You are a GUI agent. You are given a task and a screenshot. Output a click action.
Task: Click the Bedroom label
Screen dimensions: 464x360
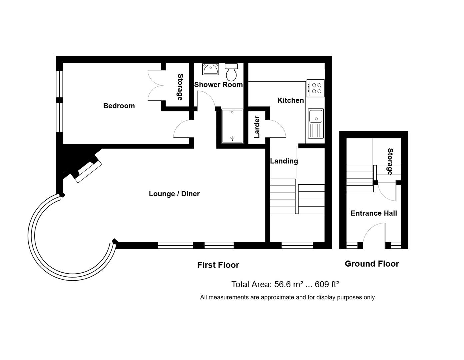pos(119,106)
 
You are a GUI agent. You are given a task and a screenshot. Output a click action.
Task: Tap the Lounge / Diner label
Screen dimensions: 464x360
pos(174,194)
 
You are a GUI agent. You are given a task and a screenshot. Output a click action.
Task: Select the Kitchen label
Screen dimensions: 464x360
pos(290,100)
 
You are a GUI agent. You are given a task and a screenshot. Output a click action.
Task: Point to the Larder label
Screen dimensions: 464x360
pos(257,127)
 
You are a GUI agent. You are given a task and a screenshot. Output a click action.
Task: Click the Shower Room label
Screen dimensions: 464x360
pos(218,85)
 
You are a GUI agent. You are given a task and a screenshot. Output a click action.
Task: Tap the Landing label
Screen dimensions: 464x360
pos(284,161)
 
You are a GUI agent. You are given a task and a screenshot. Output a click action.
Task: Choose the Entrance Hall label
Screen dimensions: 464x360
pos(374,213)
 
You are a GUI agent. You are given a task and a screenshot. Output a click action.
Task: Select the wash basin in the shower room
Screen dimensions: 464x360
pos(211,69)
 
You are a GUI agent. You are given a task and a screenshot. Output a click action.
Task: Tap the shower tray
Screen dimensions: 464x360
pos(232,126)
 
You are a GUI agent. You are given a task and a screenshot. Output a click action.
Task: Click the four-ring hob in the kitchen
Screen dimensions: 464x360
pos(316,88)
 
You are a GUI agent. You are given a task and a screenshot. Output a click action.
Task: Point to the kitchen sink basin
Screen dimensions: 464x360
pos(316,116)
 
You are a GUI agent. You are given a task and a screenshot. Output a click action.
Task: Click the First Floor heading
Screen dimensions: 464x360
pos(218,265)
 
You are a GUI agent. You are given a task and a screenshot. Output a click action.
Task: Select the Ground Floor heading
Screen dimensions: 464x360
pos(372,264)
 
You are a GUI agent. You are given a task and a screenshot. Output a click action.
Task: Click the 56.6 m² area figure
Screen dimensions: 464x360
pos(288,284)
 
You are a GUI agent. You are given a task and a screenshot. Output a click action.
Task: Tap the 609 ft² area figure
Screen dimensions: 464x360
pos(327,284)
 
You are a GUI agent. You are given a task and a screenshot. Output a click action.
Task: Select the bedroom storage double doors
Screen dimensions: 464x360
pos(155,85)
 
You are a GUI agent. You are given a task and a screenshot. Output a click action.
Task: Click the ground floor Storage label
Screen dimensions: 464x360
pos(390,162)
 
